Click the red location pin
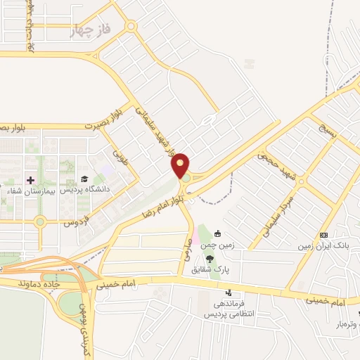tap(181, 165)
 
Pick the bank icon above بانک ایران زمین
tap(323, 234)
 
